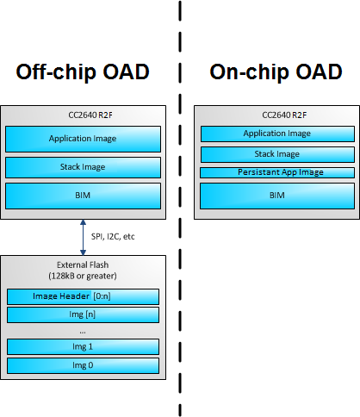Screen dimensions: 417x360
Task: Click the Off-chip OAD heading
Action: click(x=83, y=72)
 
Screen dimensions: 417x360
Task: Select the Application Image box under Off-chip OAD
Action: click(x=83, y=138)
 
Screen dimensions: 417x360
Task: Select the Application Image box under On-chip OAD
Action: click(x=276, y=134)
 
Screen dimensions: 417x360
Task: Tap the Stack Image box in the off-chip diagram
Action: click(x=83, y=167)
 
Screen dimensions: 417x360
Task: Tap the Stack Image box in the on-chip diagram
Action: click(x=276, y=154)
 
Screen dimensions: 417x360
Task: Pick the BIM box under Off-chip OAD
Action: click(x=83, y=196)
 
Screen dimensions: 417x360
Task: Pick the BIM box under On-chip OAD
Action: click(x=276, y=196)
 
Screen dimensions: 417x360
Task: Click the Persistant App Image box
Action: click(x=276, y=172)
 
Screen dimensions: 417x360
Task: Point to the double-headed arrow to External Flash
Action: click(x=83, y=238)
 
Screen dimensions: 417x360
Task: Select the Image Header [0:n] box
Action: click(x=83, y=297)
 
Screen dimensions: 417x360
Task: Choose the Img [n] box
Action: click(x=83, y=314)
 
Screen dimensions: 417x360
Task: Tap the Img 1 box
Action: click(x=83, y=346)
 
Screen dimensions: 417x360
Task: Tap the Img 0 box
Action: click(x=83, y=364)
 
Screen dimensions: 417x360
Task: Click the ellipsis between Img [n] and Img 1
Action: click(x=83, y=330)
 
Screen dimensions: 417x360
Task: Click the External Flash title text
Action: click(x=83, y=265)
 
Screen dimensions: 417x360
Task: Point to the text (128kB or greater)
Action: click(x=83, y=277)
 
